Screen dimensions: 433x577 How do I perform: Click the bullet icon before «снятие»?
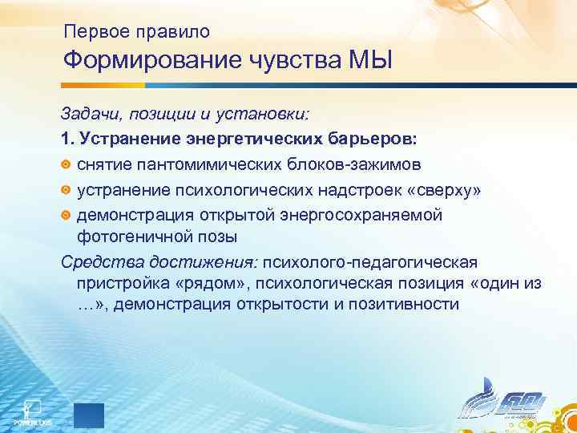tap(67, 164)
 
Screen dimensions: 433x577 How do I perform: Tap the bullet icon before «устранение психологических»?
tap(67, 190)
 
